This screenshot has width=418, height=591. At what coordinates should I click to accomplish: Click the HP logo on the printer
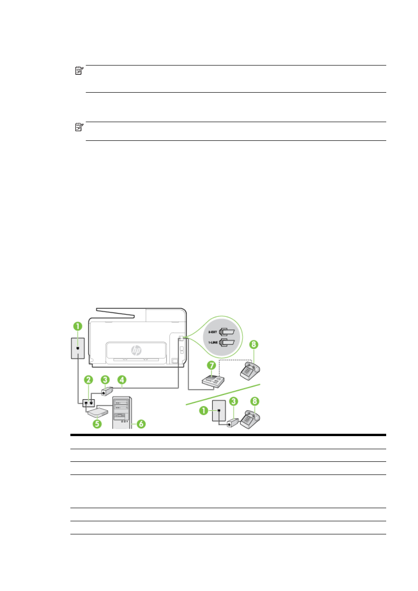(x=136, y=350)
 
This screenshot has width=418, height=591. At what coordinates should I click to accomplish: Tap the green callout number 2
(x=89, y=379)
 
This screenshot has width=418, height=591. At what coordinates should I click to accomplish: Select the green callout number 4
(x=122, y=379)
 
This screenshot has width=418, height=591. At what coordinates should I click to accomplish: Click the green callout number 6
(x=140, y=423)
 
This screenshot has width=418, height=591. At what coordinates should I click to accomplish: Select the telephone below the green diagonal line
(x=250, y=418)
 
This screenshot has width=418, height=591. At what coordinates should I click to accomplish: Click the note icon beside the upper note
(x=79, y=71)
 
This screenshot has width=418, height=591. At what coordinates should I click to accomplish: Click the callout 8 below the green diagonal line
(x=254, y=401)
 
